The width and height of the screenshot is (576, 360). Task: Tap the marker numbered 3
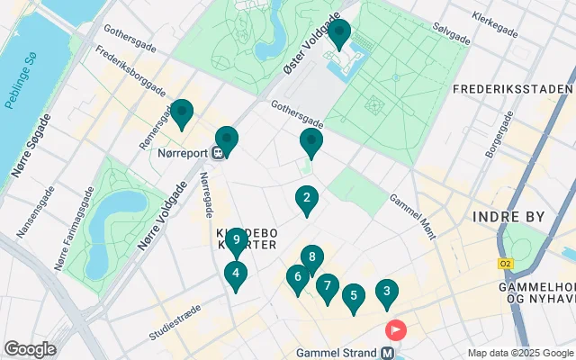(x=386, y=292)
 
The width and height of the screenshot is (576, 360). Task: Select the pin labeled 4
(x=235, y=274)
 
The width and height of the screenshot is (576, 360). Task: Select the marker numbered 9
(x=235, y=240)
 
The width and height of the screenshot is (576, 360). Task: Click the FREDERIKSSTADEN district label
(x=513, y=89)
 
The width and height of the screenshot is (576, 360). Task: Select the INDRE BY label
(x=504, y=217)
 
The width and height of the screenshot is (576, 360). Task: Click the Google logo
(x=30, y=348)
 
